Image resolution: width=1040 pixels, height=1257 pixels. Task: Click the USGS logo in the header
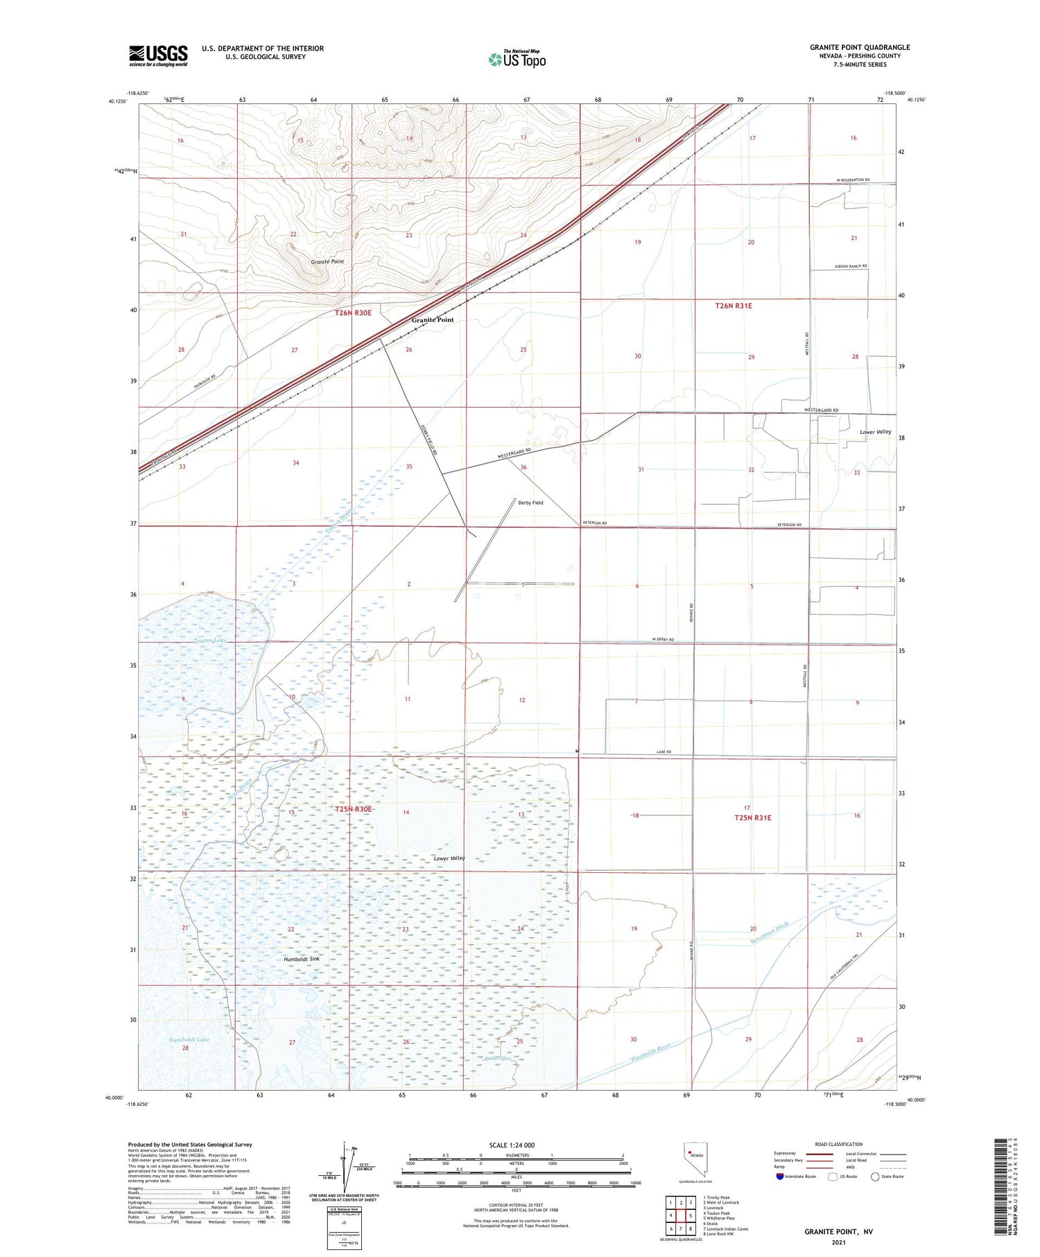tap(158, 55)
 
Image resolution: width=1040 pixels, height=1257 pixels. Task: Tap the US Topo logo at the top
tap(517, 59)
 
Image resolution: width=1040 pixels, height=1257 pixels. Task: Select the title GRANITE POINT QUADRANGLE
tap(859, 47)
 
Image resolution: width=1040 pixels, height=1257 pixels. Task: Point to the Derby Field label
tap(530, 503)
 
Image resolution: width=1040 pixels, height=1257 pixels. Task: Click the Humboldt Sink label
tap(302, 959)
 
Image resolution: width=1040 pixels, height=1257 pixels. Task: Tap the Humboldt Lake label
tap(189, 1039)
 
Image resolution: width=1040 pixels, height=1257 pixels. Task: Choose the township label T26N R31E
tap(734, 306)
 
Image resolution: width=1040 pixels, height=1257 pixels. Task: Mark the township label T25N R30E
tap(354, 809)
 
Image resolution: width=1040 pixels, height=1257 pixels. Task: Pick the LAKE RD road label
tap(664, 752)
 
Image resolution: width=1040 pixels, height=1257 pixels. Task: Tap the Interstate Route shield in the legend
tap(781, 1177)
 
